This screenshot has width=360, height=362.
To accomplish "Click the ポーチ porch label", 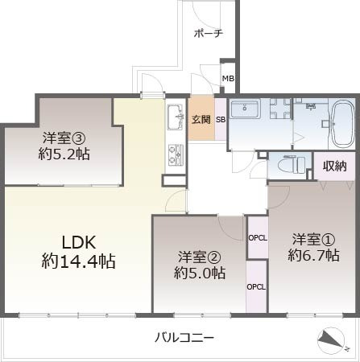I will pos(209,34).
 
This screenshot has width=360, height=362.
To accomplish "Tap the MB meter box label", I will pos(228,79).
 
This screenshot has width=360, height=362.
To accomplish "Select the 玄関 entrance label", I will pos(201,120).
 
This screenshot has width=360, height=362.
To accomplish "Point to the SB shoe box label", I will pos(220,120).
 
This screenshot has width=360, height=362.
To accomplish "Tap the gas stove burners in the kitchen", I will pos(175,152).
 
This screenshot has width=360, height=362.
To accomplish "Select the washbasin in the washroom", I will pos(242,110).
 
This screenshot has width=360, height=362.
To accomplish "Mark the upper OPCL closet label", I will pos(257,237).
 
